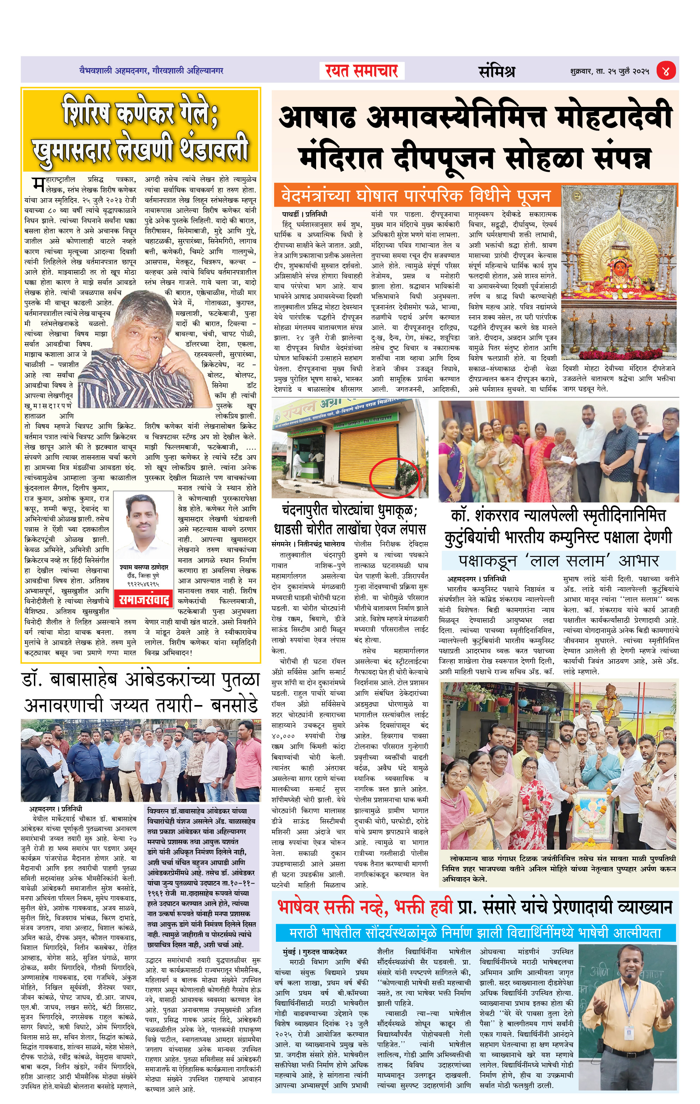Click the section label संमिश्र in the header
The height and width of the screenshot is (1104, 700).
[x=496, y=71]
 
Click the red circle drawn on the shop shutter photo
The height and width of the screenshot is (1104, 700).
[x=395, y=477]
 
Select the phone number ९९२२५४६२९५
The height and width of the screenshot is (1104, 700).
[x=143, y=584]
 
